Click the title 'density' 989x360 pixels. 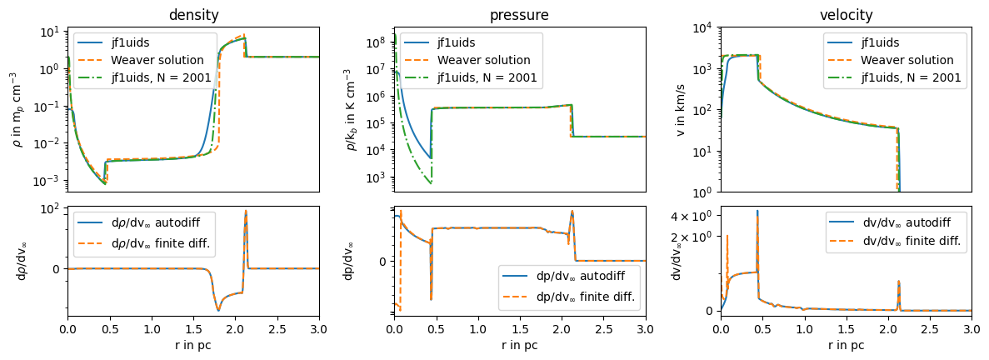[192, 15]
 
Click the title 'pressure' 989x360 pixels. [519, 15]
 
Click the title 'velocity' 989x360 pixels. [846, 15]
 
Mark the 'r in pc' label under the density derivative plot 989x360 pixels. [192, 344]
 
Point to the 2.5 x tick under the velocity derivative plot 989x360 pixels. [930, 327]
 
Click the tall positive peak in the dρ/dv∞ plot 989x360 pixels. [246, 211]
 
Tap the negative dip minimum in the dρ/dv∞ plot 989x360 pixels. [218, 310]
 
